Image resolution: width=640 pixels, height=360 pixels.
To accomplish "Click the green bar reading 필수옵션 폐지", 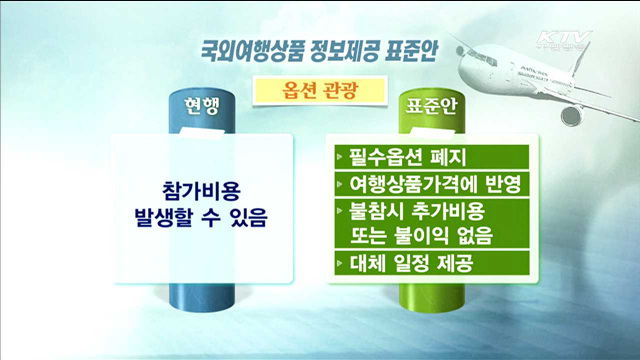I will pyautogui.click(x=430, y=156).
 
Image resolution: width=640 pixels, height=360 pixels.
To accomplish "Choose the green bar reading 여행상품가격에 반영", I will pyautogui.click(x=430, y=184).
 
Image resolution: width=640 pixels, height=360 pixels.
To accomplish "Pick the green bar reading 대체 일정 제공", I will pyautogui.click(x=430, y=265).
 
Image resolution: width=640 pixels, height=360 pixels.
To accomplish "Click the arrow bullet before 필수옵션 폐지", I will pyautogui.click(x=342, y=157).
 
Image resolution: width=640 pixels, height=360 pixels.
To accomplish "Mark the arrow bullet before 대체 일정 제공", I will pyautogui.click(x=342, y=265).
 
